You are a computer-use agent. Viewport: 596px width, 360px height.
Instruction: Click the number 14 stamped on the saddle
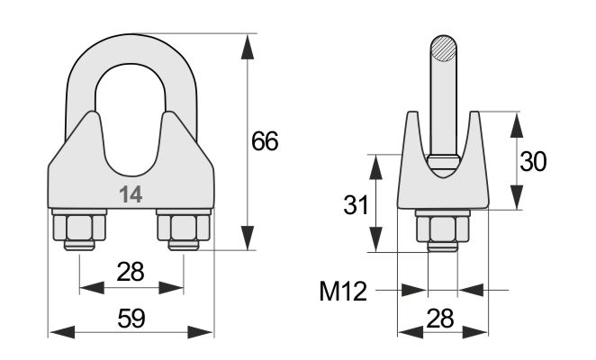(131, 194)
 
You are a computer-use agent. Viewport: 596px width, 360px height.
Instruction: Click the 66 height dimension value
(265, 141)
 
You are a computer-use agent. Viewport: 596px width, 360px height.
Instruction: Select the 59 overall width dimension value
(131, 319)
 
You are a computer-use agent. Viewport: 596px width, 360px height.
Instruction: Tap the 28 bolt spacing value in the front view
(131, 272)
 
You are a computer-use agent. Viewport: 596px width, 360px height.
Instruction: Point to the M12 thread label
(343, 292)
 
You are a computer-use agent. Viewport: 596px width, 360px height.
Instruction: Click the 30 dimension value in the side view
(533, 162)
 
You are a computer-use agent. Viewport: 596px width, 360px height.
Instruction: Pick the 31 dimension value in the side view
(356, 205)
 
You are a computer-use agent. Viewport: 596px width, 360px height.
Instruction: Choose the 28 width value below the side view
(440, 319)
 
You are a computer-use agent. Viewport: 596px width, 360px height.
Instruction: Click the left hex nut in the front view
(79, 228)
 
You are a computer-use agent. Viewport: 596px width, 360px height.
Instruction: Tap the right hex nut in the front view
(184, 228)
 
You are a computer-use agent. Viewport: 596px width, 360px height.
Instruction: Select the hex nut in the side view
(443, 229)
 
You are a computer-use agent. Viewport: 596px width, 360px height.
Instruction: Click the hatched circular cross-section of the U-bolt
(443, 49)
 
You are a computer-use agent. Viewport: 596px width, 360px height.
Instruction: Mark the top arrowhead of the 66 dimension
(248, 47)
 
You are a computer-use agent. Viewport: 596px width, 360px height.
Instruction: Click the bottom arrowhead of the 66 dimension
(248, 238)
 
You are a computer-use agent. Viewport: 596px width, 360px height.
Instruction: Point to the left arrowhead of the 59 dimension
(62, 332)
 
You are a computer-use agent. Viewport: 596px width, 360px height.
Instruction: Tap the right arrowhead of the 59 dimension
(200, 332)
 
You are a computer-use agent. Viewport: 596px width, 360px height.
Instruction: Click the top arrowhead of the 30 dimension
(517, 125)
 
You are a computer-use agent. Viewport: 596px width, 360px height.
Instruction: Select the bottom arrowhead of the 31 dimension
(376, 239)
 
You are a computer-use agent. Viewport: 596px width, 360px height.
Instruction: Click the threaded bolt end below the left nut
(79, 245)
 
